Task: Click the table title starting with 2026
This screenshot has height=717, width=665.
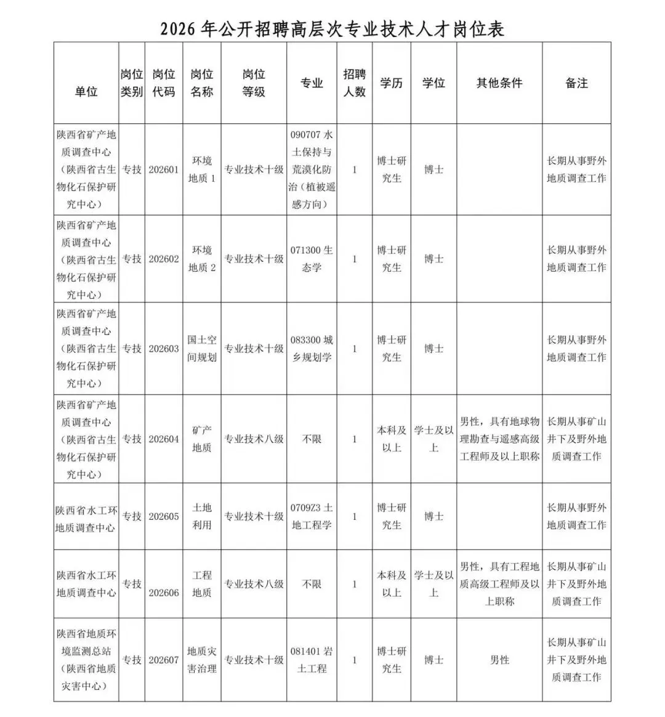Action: point(332,29)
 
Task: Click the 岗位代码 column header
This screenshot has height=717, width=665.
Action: point(164,83)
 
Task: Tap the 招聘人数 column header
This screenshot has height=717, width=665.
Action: point(354,83)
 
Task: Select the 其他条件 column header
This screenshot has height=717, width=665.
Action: point(499,83)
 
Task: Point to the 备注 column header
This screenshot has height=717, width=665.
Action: point(576,83)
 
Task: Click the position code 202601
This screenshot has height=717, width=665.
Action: point(164,169)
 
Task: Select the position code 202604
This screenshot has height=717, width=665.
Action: point(164,439)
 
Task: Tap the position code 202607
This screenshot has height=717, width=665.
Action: point(164,660)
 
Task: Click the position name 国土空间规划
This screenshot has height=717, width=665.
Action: point(202,348)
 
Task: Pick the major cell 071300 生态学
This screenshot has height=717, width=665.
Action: point(312,259)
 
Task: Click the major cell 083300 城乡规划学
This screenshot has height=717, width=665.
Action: point(312,348)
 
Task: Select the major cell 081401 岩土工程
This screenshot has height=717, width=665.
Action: point(312,660)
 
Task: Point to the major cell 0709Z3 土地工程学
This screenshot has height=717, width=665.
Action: point(312,516)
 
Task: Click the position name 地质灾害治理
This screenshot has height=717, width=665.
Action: point(202,660)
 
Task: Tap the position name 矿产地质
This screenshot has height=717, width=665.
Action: point(202,439)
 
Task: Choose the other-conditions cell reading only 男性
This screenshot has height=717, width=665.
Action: point(499,660)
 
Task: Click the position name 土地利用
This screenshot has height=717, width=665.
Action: point(202,516)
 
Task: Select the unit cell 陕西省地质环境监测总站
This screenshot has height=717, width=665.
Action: point(86,660)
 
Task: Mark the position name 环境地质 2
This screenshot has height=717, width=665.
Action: point(202,259)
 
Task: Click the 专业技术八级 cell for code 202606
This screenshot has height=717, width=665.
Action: point(254,584)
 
